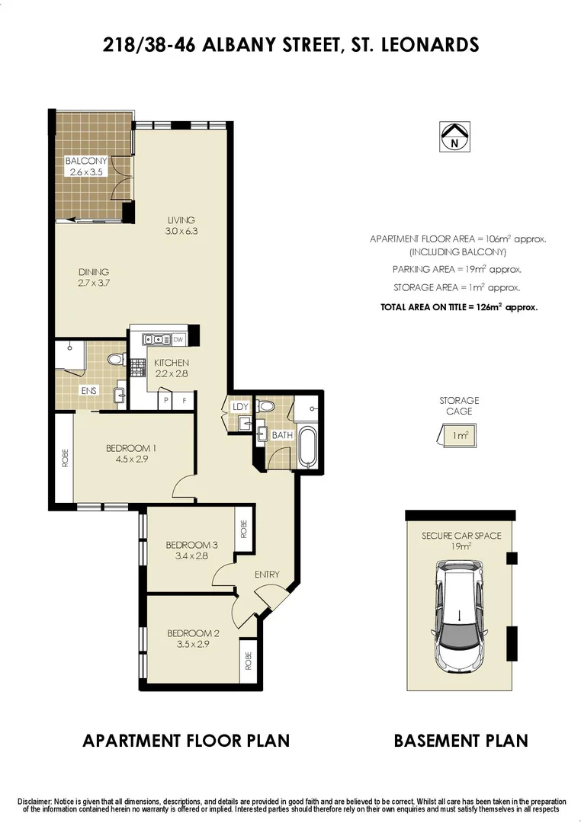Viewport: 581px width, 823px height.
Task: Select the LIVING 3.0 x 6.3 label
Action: coord(181,226)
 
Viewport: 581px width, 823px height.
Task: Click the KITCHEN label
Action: coord(171,363)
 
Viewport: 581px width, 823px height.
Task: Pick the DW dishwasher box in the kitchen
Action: coord(178,339)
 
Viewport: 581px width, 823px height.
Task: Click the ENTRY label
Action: coord(267,575)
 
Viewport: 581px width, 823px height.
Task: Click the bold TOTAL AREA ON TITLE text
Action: coord(459,308)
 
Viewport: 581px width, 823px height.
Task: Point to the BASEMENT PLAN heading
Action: coord(461,740)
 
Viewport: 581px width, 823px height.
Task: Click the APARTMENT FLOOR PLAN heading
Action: coord(186,740)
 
